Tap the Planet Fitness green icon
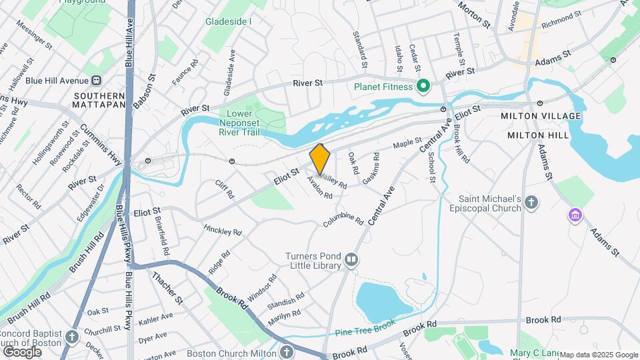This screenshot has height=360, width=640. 422,86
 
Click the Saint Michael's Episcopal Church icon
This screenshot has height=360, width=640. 531,203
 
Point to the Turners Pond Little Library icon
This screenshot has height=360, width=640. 351,260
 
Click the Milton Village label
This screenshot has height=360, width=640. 541,116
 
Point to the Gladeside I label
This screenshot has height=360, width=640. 229,21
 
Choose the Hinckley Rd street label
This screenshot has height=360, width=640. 222,231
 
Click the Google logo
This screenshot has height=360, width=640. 22,351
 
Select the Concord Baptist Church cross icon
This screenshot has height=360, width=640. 72,336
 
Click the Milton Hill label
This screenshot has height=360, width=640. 539,135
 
